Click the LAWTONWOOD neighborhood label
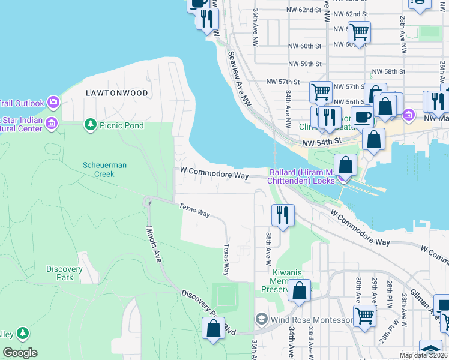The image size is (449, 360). pos(116,93)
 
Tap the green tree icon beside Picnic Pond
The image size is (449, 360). pos(90,124)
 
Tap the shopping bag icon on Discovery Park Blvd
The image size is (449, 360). pos(213,328)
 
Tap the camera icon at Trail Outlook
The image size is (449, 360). pos(53,102)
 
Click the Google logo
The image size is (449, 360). pos(20,353)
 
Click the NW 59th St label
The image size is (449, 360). pos(305,64)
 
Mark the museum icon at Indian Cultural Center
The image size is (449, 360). pos(52,124)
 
